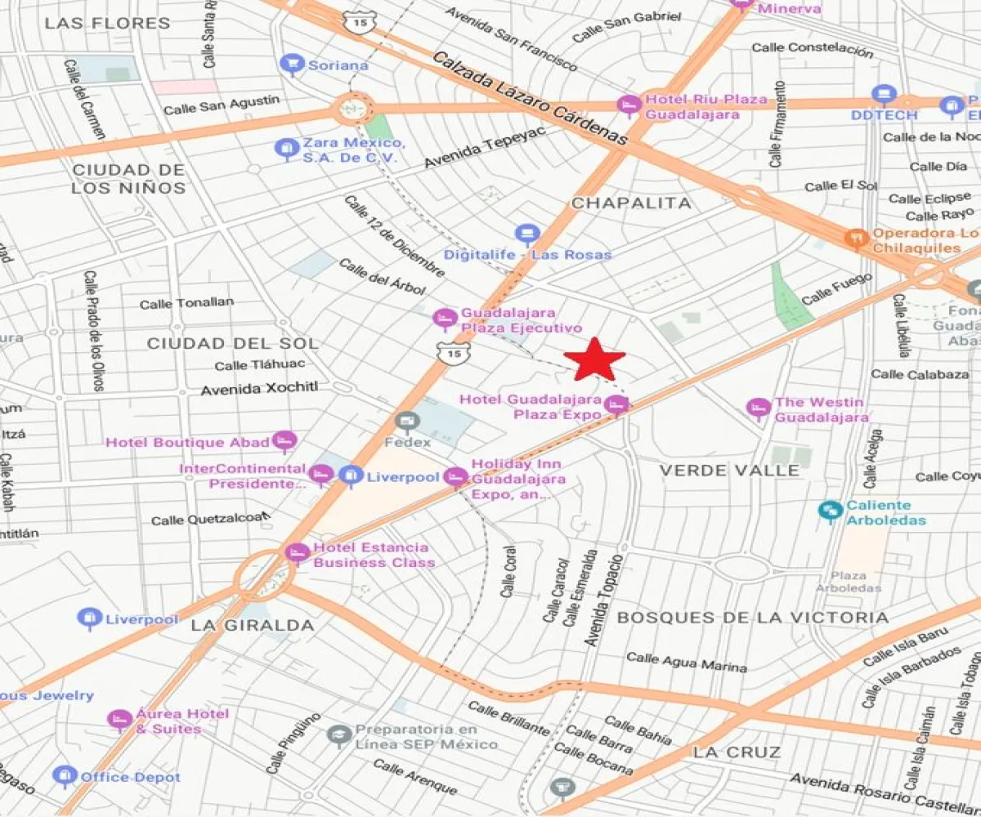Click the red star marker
(595, 359)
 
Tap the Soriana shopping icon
(291, 64)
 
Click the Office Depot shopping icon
(64, 775)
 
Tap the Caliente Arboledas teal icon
(831, 511)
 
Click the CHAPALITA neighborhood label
(630, 203)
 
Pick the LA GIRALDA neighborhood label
(252, 625)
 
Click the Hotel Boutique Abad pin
(284, 441)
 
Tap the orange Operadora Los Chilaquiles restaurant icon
(856, 238)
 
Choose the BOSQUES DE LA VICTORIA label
(752, 617)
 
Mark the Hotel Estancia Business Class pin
(298, 552)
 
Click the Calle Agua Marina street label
(686, 662)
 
